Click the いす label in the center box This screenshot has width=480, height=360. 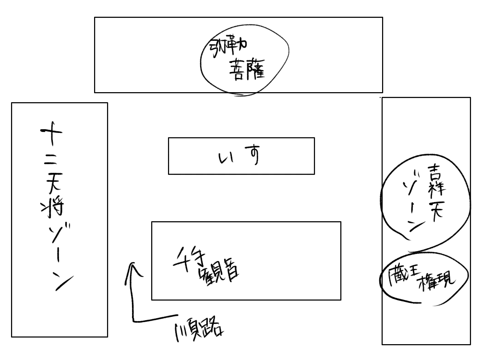(238, 157)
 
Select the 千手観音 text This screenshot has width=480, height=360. (208, 266)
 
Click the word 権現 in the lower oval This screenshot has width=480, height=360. (437, 281)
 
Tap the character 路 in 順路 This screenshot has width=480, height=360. (215, 329)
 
